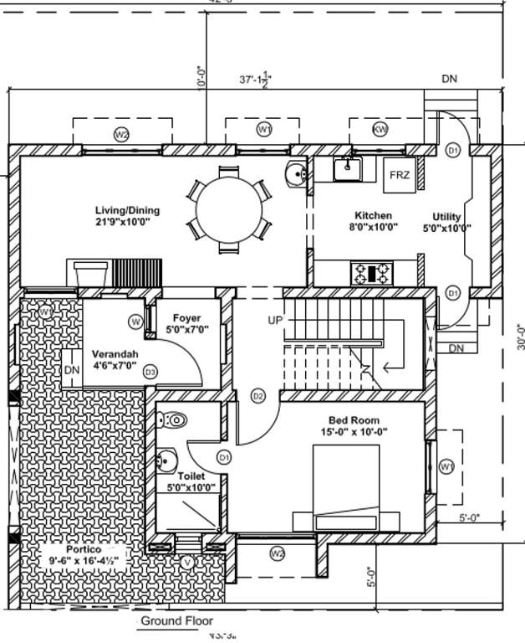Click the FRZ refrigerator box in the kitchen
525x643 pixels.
pyautogui.click(x=399, y=176)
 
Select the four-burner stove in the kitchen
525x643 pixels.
pyautogui.click(x=372, y=272)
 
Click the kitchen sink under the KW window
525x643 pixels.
pyautogui.click(x=348, y=169)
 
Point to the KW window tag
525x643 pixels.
pyautogui.click(x=380, y=130)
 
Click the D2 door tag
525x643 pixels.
pyautogui.click(x=257, y=396)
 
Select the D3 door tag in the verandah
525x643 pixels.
pyautogui.click(x=150, y=371)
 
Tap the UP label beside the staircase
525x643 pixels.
pyautogui.click(x=275, y=321)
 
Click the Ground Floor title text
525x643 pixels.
pyautogui.click(x=176, y=621)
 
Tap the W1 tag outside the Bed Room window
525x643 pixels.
pyautogui.click(x=446, y=466)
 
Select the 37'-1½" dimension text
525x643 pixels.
pyautogui.click(x=256, y=80)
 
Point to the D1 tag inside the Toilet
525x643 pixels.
pyautogui.click(x=224, y=458)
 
